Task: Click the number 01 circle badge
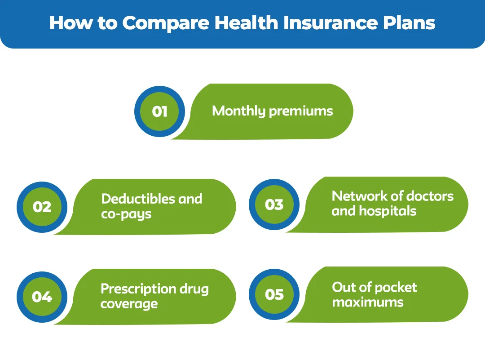159,111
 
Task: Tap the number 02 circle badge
42,207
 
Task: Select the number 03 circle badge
274,204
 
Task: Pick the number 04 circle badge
42,297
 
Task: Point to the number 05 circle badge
274,294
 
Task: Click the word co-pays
126,214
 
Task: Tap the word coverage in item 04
129,304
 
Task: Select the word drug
194,289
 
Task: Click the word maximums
368,302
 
